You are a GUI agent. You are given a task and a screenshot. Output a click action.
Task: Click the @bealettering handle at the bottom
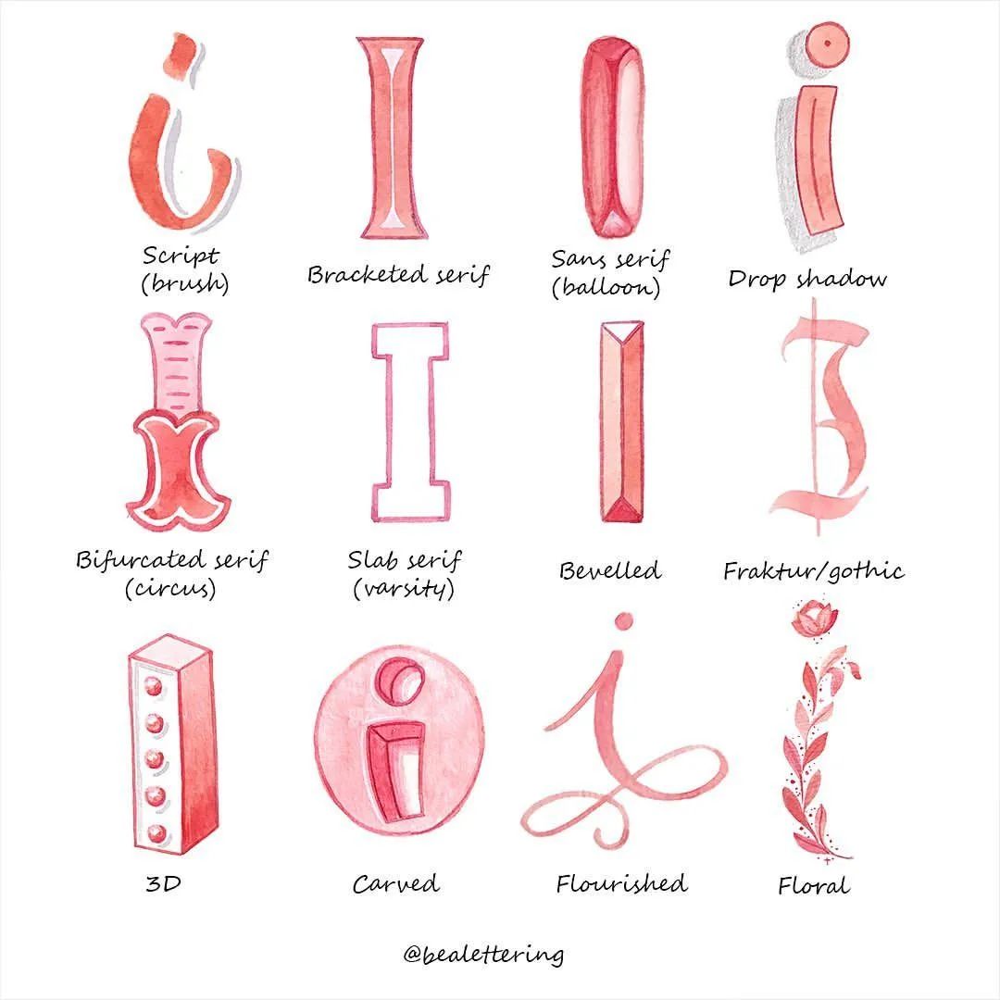tap(482, 953)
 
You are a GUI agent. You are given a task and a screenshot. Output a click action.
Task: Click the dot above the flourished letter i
tap(623, 621)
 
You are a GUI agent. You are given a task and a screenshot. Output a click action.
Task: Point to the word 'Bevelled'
tap(609, 570)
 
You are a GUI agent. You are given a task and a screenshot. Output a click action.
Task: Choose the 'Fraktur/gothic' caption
tap(813, 570)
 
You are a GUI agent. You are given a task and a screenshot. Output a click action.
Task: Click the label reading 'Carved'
tap(395, 884)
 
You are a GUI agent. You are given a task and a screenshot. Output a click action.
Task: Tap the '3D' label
tap(163, 883)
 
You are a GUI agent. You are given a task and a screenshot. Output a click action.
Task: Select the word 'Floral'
tap(813, 885)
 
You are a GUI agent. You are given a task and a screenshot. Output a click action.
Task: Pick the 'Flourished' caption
tap(621, 883)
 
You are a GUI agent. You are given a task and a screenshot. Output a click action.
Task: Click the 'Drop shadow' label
tap(806, 279)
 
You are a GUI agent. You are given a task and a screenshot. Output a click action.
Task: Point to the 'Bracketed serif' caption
tap(397, 275)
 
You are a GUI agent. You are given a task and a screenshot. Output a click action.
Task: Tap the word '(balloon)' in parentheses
tap(606, 288)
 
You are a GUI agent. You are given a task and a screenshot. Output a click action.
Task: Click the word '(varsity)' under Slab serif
tap(404, 588)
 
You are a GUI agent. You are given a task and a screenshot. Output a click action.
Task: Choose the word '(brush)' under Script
tap(184, 282)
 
